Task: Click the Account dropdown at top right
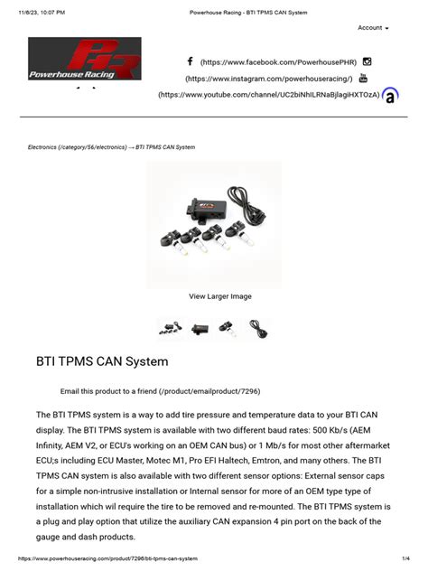373,28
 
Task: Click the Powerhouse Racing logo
84,60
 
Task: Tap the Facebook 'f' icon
191,61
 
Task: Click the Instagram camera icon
367,61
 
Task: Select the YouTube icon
364,79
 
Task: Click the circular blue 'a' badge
390,95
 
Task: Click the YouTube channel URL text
269,95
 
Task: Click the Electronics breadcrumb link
77,147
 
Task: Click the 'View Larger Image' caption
220,296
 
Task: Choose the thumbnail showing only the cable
258,329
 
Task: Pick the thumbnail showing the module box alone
200,329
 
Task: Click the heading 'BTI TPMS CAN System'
102,361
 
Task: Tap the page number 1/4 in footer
406,559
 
